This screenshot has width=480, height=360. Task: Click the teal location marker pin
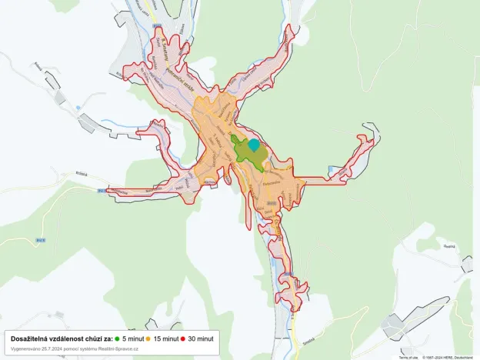click(254, 144)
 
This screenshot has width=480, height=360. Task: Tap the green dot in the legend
click(117, 338)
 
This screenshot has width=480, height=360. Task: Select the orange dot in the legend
click(148, 338)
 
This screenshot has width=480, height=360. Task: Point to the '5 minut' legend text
click(132, 338)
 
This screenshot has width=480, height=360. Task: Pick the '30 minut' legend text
click(201, 338)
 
